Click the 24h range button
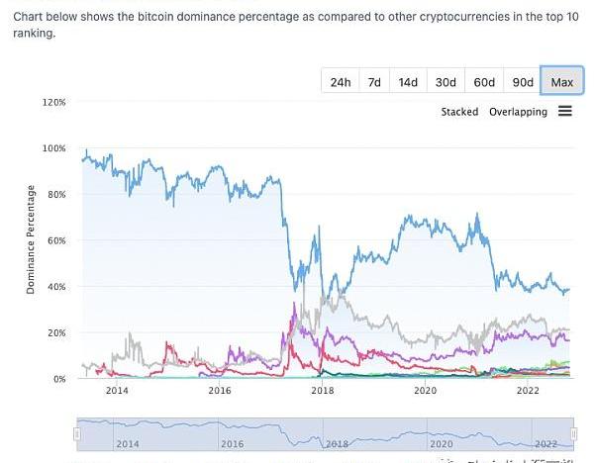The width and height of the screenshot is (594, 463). pyautogui.click(x=340, y=82)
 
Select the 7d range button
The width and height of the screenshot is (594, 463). pyautogui.click(x=374, y=82)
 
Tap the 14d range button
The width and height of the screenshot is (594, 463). pyautogui.click(x=408, y=82)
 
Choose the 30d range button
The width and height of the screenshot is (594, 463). pyautogui.click(x=445, y=82)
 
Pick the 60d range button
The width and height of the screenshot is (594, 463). pyautogui.click(x=484, y=82)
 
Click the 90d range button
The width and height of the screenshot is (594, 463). pyautogui.click(x=522, y=82)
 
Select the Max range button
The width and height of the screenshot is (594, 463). pyautogui.click(x=561, y=82)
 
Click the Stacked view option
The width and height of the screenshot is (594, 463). pyautogui.click(x=459, y=112)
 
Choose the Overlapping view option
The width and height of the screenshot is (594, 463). pyautogui.click(x=518, y=112)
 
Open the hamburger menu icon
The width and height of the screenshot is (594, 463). pyautogui.click(x=565, y=111)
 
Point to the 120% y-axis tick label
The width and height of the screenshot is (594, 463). pyautogui.click(x=54, y=102)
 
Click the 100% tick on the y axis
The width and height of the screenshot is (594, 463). pyautogui.click(x=54, y=148)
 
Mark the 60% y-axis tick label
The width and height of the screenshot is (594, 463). pyautogui.click(x=56, y=240)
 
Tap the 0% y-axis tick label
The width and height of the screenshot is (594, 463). pyautogui.click(x=58, y=379)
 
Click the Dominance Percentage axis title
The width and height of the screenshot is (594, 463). pyautogui.click(x=31, y=239)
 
